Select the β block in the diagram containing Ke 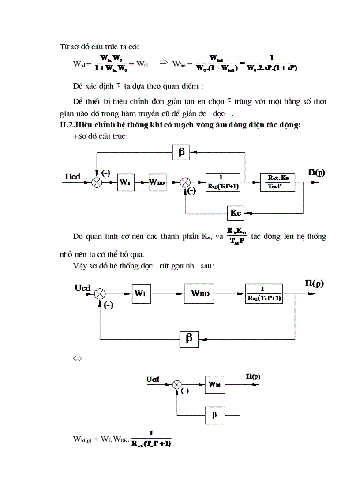click(x=180, y=153)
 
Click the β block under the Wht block click(x=215, y=415)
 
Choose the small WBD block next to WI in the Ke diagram click(x=157, y=182)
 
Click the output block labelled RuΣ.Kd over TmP click(x=278, y=182)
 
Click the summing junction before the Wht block click(x=177, y=385)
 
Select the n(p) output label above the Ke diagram click(x=316, y=172)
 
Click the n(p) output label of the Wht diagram click(x=253, y=376)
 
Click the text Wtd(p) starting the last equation click(x=83, y=439)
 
